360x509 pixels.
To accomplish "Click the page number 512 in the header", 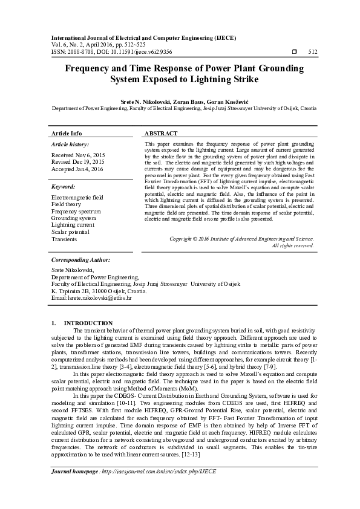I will point(313,52).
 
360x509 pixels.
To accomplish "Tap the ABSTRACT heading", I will point(161,133).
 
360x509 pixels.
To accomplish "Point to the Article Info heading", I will point(67,133).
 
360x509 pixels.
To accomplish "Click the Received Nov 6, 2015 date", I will point(78,155).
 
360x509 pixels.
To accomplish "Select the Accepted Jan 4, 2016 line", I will point(77,169).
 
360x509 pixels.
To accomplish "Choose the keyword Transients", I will point(64,240).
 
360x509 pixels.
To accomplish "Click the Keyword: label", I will point(64,187).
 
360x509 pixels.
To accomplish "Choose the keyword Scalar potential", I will point(71,232).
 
